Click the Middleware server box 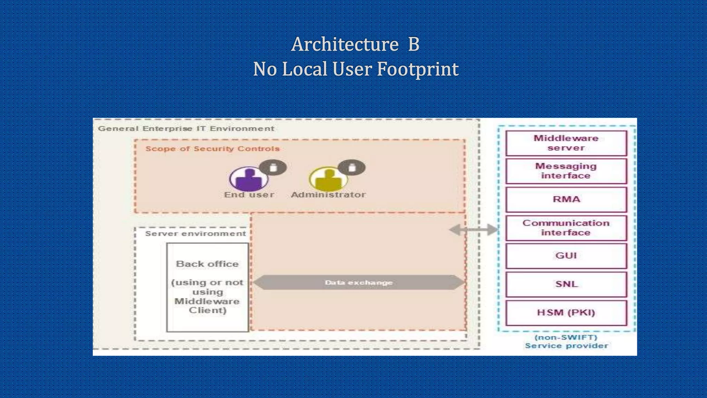(566, 143)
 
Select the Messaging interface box (566, 171)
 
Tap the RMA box (566, 199)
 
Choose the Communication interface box (566, 228)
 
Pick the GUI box (566, 256)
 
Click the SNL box (566, 284)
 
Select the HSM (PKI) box (566, 313)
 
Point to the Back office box (207, 287)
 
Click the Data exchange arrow (359, 283)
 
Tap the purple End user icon (249, 179)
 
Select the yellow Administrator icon (328, 179)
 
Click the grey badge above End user (273, 168)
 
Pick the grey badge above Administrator (351, 168)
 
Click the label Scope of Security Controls (212, 149)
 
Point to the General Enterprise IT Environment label (186, 129)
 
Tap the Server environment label (195, 234)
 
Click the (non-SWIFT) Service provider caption (566, 342)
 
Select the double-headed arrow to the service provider (474, 229)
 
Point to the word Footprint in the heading (417, 69)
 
